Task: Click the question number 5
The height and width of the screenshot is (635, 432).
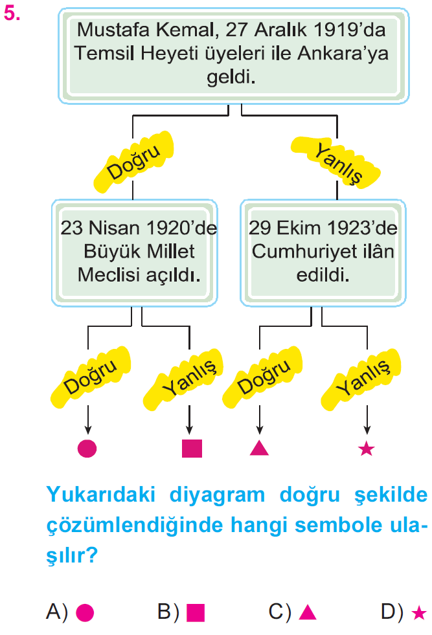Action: point(12,14)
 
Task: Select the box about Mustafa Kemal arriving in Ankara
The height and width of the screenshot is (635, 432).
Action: point(233,56)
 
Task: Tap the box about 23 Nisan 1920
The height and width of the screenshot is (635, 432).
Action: point(135,252)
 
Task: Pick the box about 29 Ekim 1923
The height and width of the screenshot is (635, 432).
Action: point(323,252)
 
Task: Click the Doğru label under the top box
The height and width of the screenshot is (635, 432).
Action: point(133,162)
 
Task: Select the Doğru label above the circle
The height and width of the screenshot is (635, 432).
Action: point(90,377)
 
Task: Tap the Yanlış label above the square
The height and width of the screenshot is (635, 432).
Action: point(183,379)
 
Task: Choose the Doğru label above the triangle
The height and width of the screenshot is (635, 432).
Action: point(262,377)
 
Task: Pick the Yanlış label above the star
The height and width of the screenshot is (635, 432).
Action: point(361,379)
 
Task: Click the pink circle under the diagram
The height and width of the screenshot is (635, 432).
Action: point(87,449)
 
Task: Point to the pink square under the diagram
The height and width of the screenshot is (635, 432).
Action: point(192,449)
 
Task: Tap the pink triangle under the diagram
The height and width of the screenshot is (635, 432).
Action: point(259,449)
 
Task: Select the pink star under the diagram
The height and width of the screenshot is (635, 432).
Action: point(367,449)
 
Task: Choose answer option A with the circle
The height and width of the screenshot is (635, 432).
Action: point(70,612)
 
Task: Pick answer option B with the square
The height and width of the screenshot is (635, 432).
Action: point(181,612)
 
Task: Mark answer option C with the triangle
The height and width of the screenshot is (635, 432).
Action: point(293,612)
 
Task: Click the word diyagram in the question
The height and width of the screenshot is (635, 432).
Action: point(217,495)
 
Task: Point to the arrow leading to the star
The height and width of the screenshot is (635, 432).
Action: point(367,420)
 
